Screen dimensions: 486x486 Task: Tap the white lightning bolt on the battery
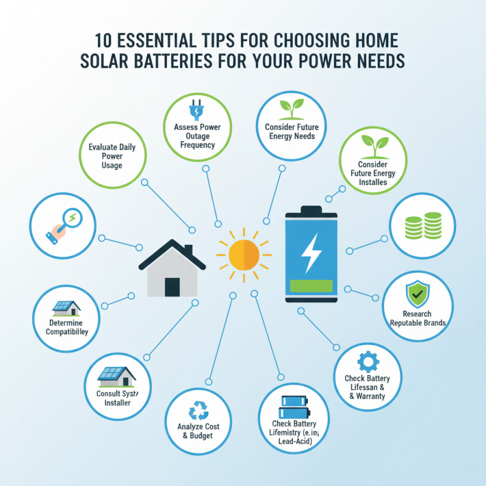click(310, 252)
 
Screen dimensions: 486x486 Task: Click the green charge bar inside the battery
click(310, 286)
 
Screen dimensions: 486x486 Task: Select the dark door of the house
click(172, 286)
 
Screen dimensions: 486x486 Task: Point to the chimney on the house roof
click(188, 250)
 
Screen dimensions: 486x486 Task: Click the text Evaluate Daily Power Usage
click(112, 156)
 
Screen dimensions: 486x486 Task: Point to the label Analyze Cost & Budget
click(199, 431)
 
